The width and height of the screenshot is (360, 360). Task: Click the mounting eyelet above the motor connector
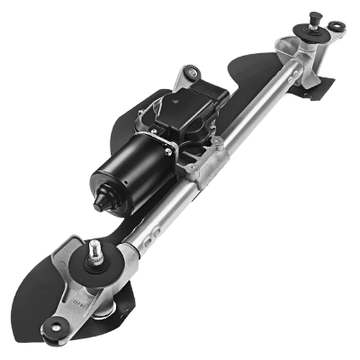(x=190, y=73)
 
